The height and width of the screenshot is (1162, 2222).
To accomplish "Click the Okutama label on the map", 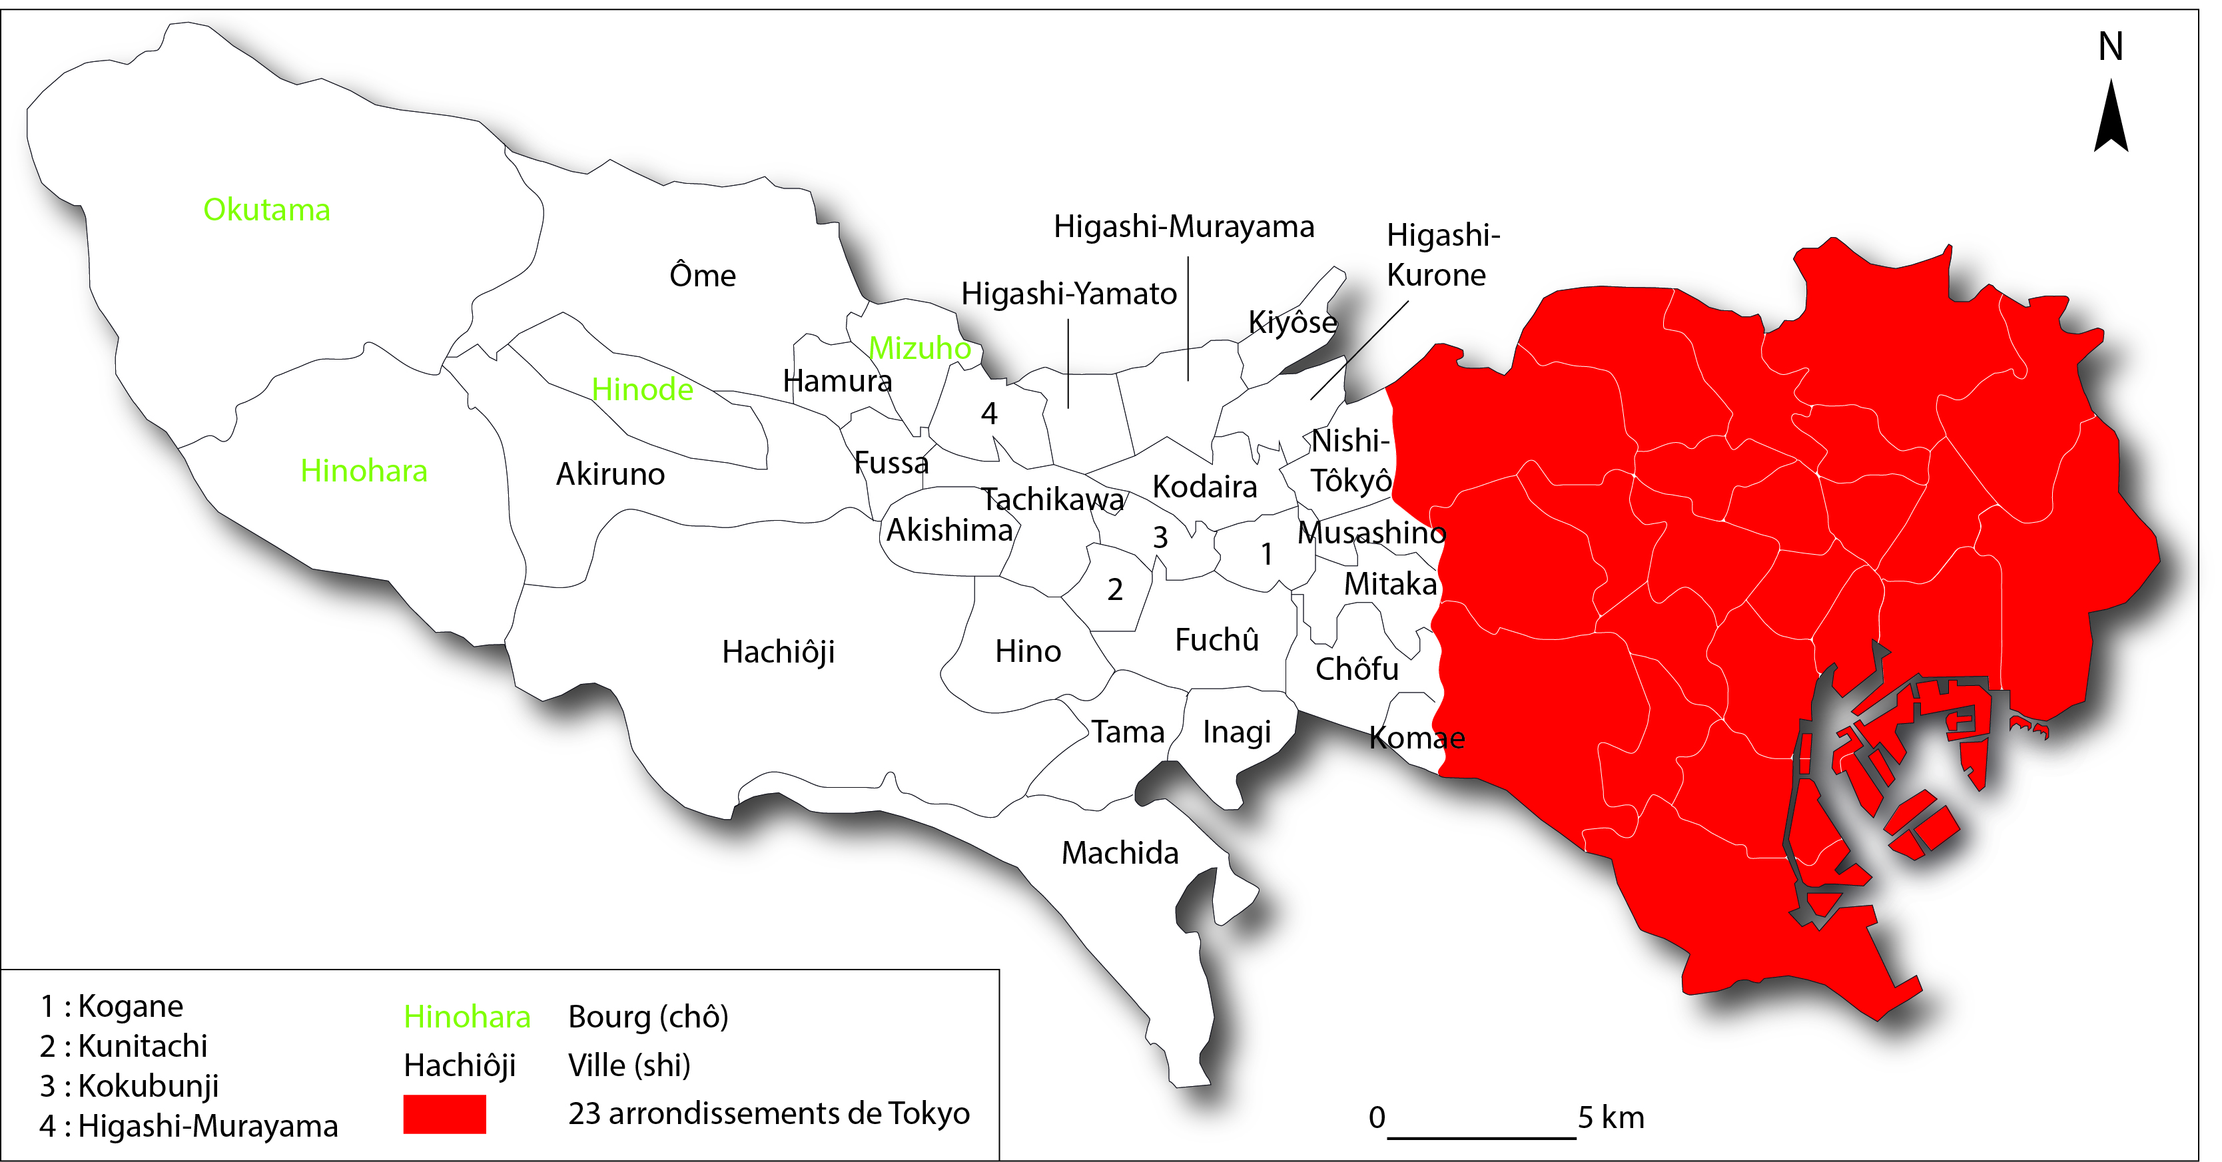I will point(266,210).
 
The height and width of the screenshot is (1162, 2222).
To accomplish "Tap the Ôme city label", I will point(702,276).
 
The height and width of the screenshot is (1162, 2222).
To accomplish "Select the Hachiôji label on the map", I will point(778,652).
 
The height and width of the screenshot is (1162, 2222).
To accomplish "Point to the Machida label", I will point(1120,853).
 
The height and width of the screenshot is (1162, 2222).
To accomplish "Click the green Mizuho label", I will point(920,348).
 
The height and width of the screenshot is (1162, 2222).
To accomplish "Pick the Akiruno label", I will point(610,475).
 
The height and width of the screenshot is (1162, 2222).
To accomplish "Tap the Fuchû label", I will point(1216,640).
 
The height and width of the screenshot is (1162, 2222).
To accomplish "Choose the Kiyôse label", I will point(1292,323).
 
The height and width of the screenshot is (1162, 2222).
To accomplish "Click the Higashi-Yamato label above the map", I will point(1069,294).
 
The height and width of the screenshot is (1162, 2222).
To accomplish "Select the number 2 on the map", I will point(1114,590).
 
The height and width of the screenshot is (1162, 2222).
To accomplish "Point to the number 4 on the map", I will point(988,414).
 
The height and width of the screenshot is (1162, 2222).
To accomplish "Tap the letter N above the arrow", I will point(2110,47).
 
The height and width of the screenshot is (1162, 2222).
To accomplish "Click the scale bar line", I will point(1481,1139).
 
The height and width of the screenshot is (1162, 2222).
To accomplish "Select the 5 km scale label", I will point(1611,1118).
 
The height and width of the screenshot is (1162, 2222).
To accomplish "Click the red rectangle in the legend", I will point(444,1113).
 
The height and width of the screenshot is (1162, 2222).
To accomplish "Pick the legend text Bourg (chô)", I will point(648,1017).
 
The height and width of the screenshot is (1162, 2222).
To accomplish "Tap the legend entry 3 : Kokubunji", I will point(129,1086).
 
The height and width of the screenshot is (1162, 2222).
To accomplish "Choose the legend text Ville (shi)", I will point(629,1065).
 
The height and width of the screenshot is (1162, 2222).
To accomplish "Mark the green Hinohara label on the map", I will point(363,471).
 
